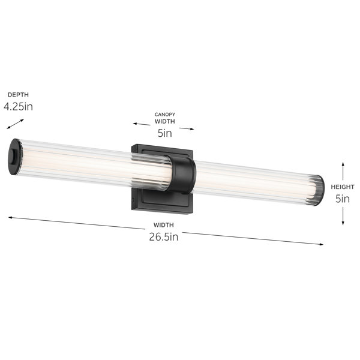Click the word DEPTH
click(18, 95)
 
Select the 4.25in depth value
click(19, 107)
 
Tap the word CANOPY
click(164, 113)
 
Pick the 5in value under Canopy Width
click(164, 133)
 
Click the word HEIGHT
click(343, 187)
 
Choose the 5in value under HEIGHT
click(343, 199)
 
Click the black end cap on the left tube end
click(16, 156)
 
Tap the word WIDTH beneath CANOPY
click(164, 121)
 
